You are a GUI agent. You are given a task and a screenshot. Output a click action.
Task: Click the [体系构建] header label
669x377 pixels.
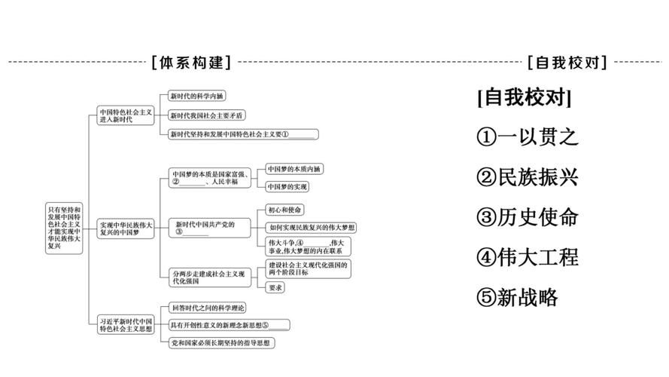click(x=191, y=63)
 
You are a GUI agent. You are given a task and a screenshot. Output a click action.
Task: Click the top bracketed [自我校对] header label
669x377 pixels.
click(x=567, y=63)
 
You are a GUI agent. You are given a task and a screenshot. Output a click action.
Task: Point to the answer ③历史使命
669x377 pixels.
click(x=528, y=216)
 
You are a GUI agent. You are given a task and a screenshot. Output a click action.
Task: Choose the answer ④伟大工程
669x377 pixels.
click(x=528, y=256)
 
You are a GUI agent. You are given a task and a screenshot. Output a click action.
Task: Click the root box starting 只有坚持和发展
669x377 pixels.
click(x=64, y=226)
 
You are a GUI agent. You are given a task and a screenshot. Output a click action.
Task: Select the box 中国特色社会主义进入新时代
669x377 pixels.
click(x=126, y=115)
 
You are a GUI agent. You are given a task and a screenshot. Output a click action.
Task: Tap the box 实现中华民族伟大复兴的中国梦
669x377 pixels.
click(x=126, y=228)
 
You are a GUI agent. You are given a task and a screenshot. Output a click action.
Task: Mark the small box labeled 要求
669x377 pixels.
click(x=275, y=287)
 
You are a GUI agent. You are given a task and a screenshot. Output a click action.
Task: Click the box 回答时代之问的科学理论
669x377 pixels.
click(x=208, y=308)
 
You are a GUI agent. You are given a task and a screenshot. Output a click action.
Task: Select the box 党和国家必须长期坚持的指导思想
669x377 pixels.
click(x=221, y=343)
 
